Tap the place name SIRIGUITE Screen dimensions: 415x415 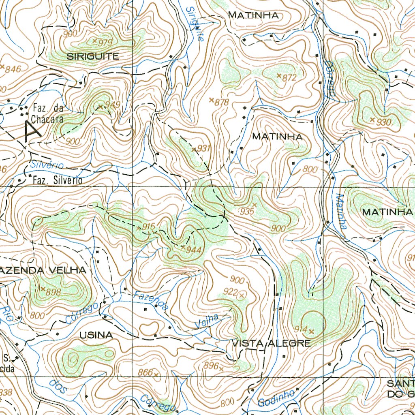[x=93, y=56]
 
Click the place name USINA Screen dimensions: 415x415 [x=96, y=335]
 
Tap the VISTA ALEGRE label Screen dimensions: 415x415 [x=271, y=344]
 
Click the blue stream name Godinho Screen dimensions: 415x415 [x=275, y=399]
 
